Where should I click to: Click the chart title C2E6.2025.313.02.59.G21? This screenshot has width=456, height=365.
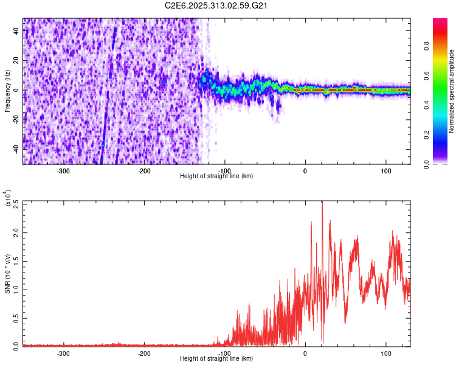216,5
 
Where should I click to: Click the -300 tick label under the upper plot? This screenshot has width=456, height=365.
64,170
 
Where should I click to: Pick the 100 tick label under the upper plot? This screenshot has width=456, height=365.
385,170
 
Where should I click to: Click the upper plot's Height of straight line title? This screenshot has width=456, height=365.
216,176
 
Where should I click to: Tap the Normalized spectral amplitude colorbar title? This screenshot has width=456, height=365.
452,91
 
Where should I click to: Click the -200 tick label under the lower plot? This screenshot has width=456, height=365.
144,353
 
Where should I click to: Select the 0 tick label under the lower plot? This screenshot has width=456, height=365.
305,353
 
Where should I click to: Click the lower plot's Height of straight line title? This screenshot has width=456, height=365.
216,358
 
